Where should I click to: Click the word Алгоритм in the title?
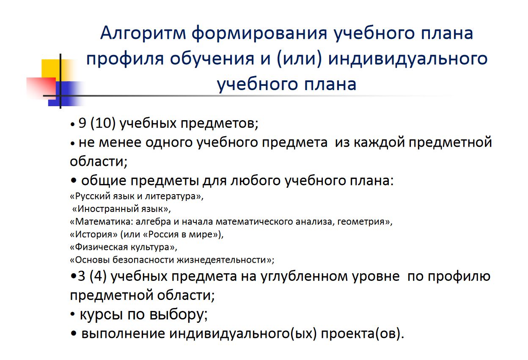click(143, 33)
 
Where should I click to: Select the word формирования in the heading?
click(259, 33)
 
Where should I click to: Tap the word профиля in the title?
click(125, 59)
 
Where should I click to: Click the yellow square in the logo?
click(51, 69)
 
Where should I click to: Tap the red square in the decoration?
click(41, 87)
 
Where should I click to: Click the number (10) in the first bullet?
click(103, 123)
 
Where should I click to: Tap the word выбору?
click(179, 315)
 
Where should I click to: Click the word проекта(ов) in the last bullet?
click(362, 334)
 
